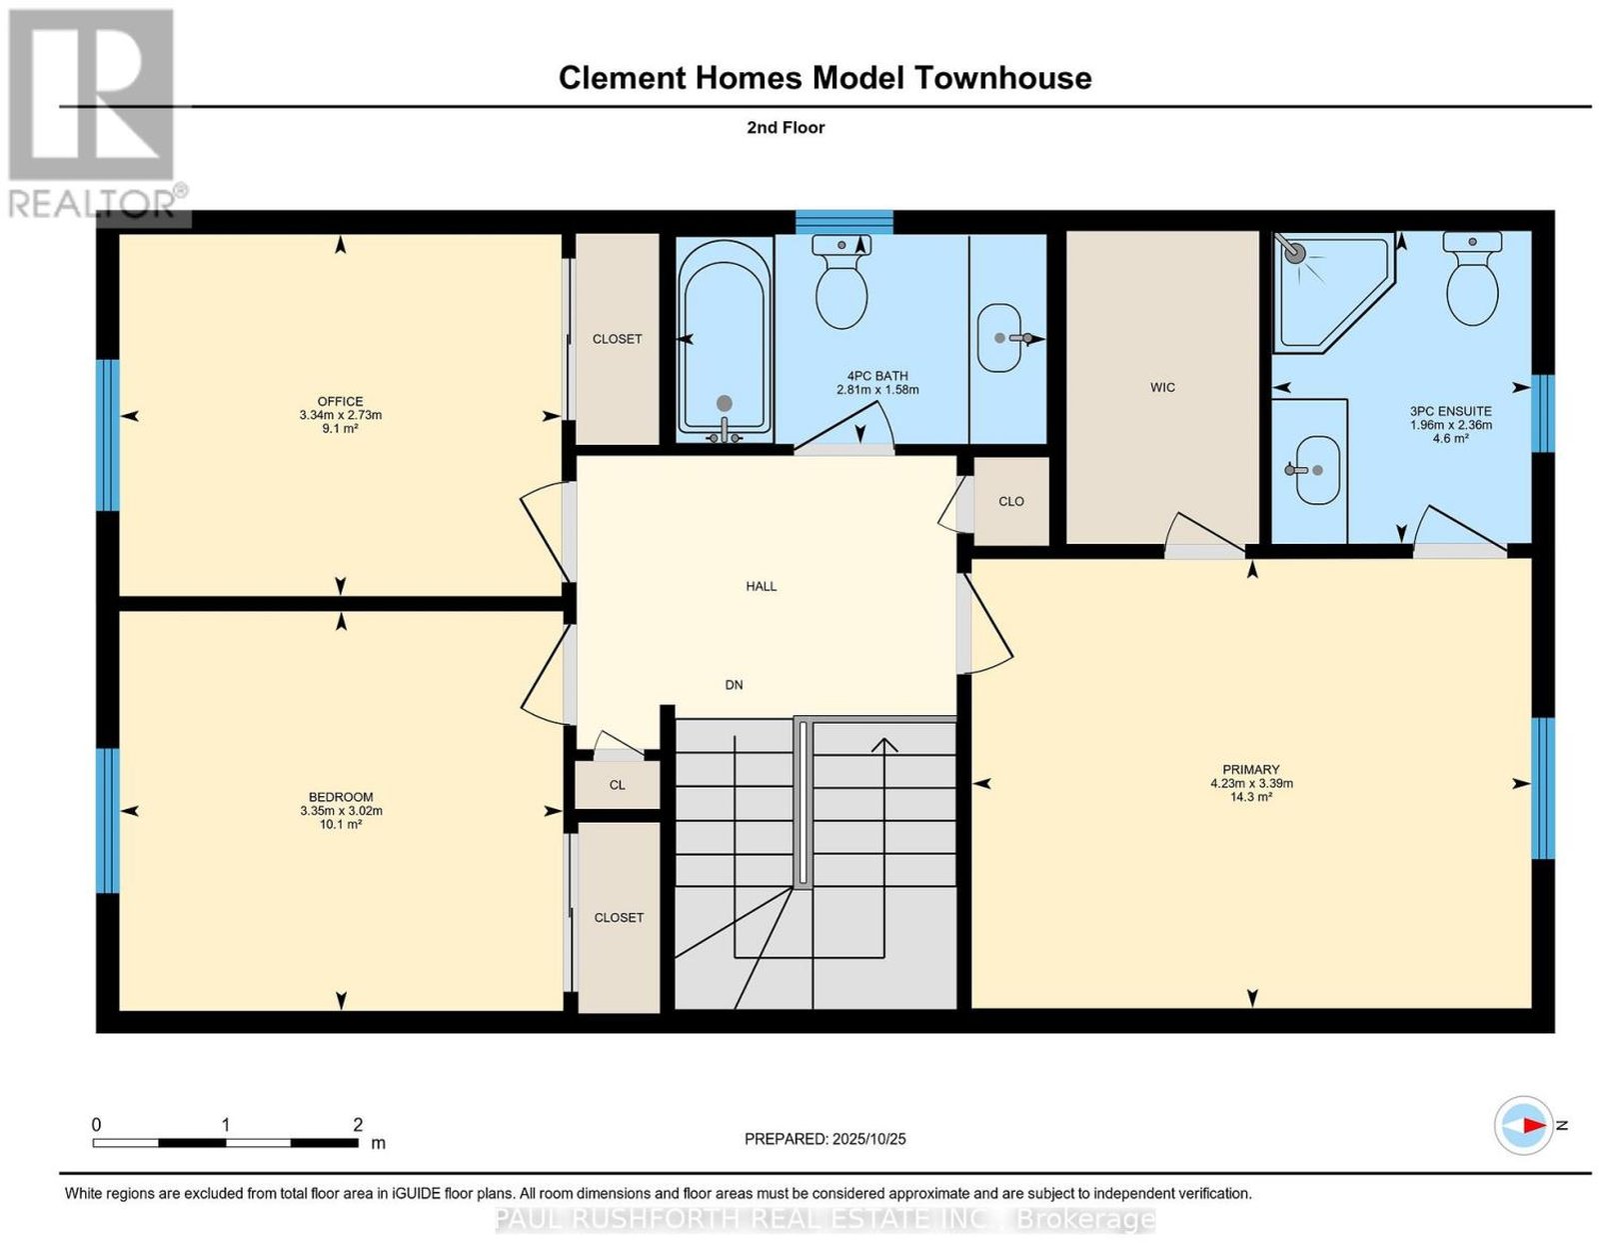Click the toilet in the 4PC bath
(x=841, y=282)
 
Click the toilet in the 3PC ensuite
(x=1472, y=278)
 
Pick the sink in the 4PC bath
(x=999, y=338)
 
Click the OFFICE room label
(x=340, y=401)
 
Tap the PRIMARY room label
(x=1251, y=770)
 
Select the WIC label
(x=1162, y=387)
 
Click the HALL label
(x=761, y=587)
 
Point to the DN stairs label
(x=734, y=685)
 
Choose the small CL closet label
(x=618, y=785)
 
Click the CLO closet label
(x=1011, y=501)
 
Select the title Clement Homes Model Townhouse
(x=824, y=78)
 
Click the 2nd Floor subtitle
(x=786, y=127)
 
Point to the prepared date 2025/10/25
(x=869, y=1139)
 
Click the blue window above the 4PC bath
(x=844, y=222)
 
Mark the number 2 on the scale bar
(x=358, y=1125)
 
